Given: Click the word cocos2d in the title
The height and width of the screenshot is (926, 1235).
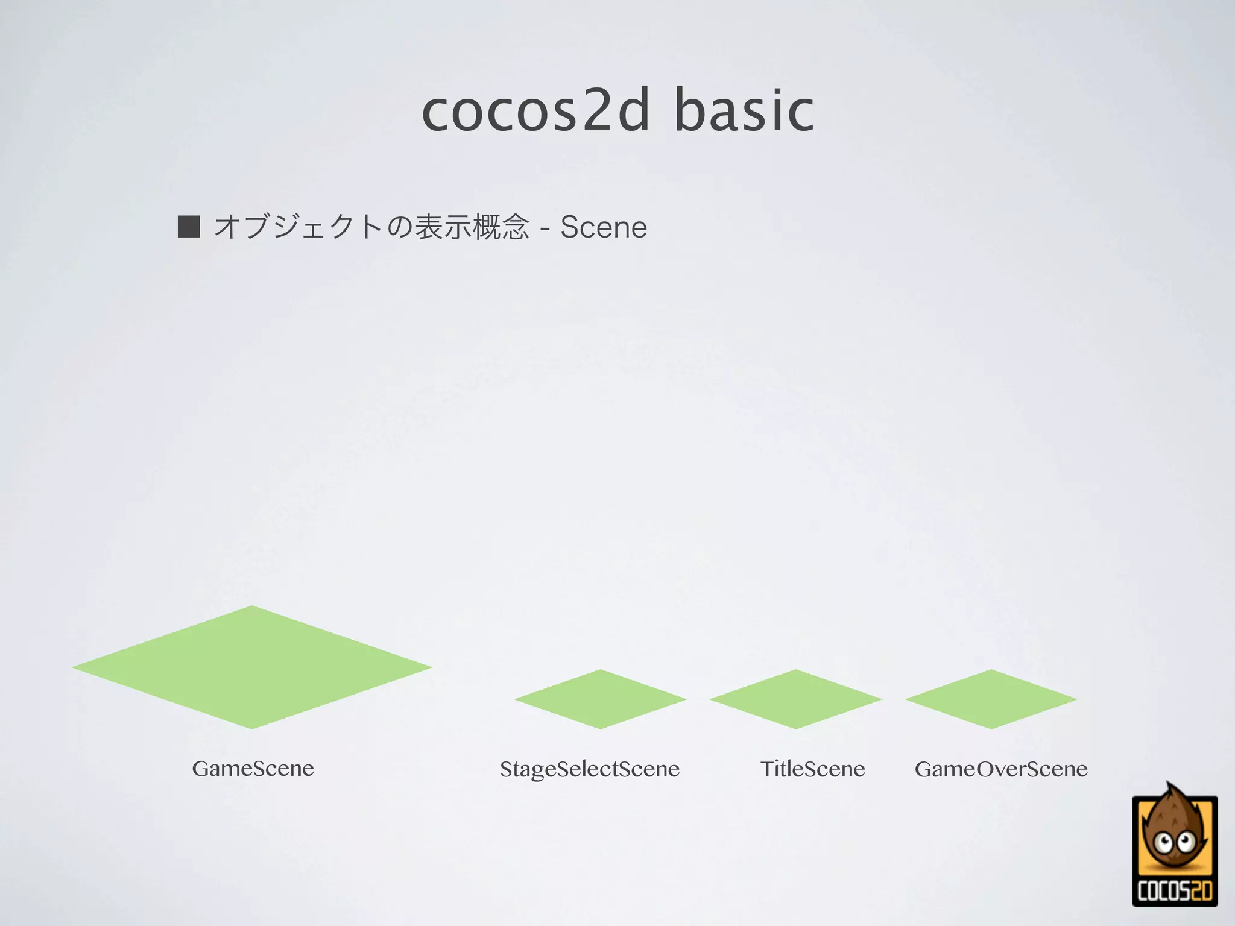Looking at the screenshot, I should pos(535,111).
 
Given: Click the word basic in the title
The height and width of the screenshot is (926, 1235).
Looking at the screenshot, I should pos(744,111).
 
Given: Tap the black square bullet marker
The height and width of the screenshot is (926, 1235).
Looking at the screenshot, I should pos(189,227).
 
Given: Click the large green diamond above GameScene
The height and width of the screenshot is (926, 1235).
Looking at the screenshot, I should pos(252,667).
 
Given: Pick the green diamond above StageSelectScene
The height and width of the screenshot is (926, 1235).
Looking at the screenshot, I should pos(600,699).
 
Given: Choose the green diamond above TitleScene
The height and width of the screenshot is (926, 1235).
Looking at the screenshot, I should pos(795,699).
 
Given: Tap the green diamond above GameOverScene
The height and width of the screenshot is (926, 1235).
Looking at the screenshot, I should pos(991,699).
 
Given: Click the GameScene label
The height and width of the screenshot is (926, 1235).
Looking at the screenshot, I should pos(253,769).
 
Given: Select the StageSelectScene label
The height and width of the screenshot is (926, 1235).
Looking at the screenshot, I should pos(589,769).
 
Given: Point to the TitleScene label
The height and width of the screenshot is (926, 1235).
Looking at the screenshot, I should pos(812,769).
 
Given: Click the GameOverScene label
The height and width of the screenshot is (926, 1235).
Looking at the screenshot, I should pos(1001,769).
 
